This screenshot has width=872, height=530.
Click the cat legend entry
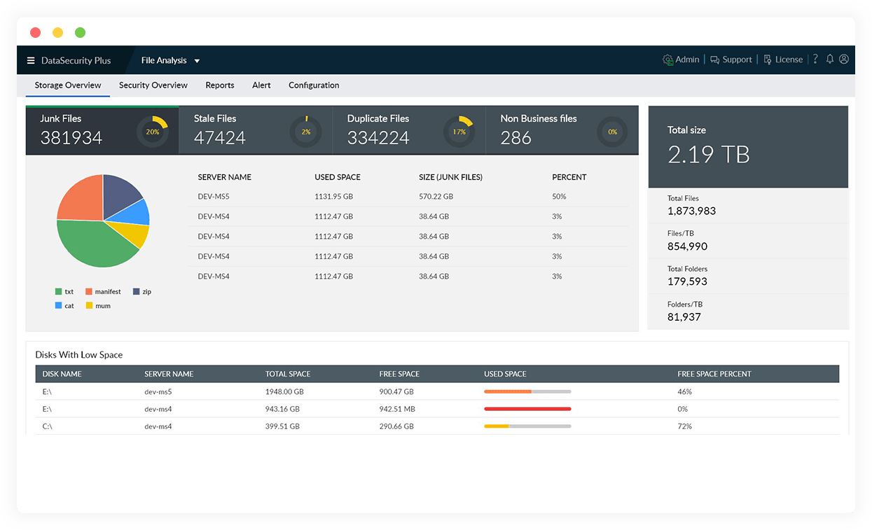[64, 306]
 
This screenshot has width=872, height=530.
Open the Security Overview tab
[153, 85]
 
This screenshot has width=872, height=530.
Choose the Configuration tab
[314, 85]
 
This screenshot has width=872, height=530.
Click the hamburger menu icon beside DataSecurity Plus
[31, 60]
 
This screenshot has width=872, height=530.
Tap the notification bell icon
[830, 60]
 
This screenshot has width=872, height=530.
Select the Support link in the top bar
[731, 60]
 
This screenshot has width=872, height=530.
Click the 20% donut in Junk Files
[152, 132]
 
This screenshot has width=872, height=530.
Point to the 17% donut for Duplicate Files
[459, 132]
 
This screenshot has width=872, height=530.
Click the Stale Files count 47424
[219, 138]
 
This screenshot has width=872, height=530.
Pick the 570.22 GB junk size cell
[436, 197]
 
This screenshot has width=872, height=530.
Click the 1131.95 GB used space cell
[333, 197]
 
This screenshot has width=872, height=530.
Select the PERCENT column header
[569, 177]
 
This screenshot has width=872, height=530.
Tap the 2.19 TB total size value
[708, 154]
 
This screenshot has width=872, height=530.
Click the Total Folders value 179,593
[687, 281]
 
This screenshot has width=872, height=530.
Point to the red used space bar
[527, 409]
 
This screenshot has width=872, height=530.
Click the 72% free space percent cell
[684, 426]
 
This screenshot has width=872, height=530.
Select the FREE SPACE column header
[399, 374]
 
